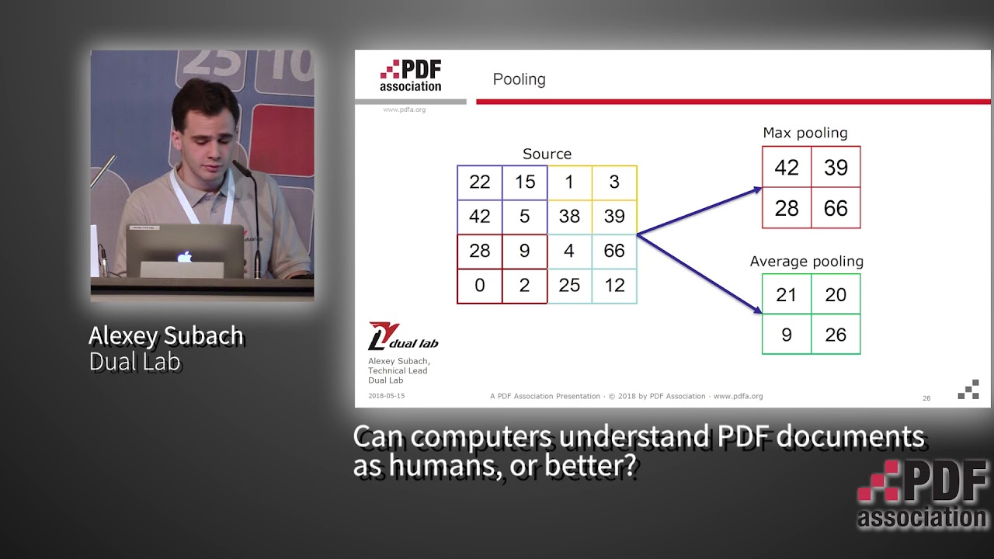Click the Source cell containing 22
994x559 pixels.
[480, 182]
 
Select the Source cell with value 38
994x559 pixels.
[569, 217]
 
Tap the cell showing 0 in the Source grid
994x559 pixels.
[480, 285]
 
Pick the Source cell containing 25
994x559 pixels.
[569, 285]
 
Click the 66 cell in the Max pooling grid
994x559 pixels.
[836, 208]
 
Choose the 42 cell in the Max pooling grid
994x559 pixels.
[787, 168]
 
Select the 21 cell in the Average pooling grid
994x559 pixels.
[787, 294]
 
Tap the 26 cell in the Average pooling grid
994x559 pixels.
[836, 335]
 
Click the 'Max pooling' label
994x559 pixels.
[805, 134]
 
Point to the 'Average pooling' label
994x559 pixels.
[806, 262]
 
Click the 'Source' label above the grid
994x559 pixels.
[547, 155]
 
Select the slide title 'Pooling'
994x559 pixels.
[519, 80]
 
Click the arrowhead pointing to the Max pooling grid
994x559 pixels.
[756, 189]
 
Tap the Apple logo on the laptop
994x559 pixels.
[184, 256]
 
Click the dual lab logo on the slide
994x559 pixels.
[402, 336]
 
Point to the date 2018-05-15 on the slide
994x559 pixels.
[386, 396]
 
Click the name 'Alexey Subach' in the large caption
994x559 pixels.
[166, 336]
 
